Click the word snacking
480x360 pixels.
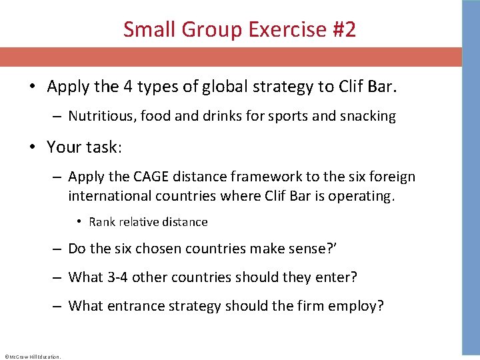coord(368,116)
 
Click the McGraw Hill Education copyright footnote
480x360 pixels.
coord(32,356)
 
